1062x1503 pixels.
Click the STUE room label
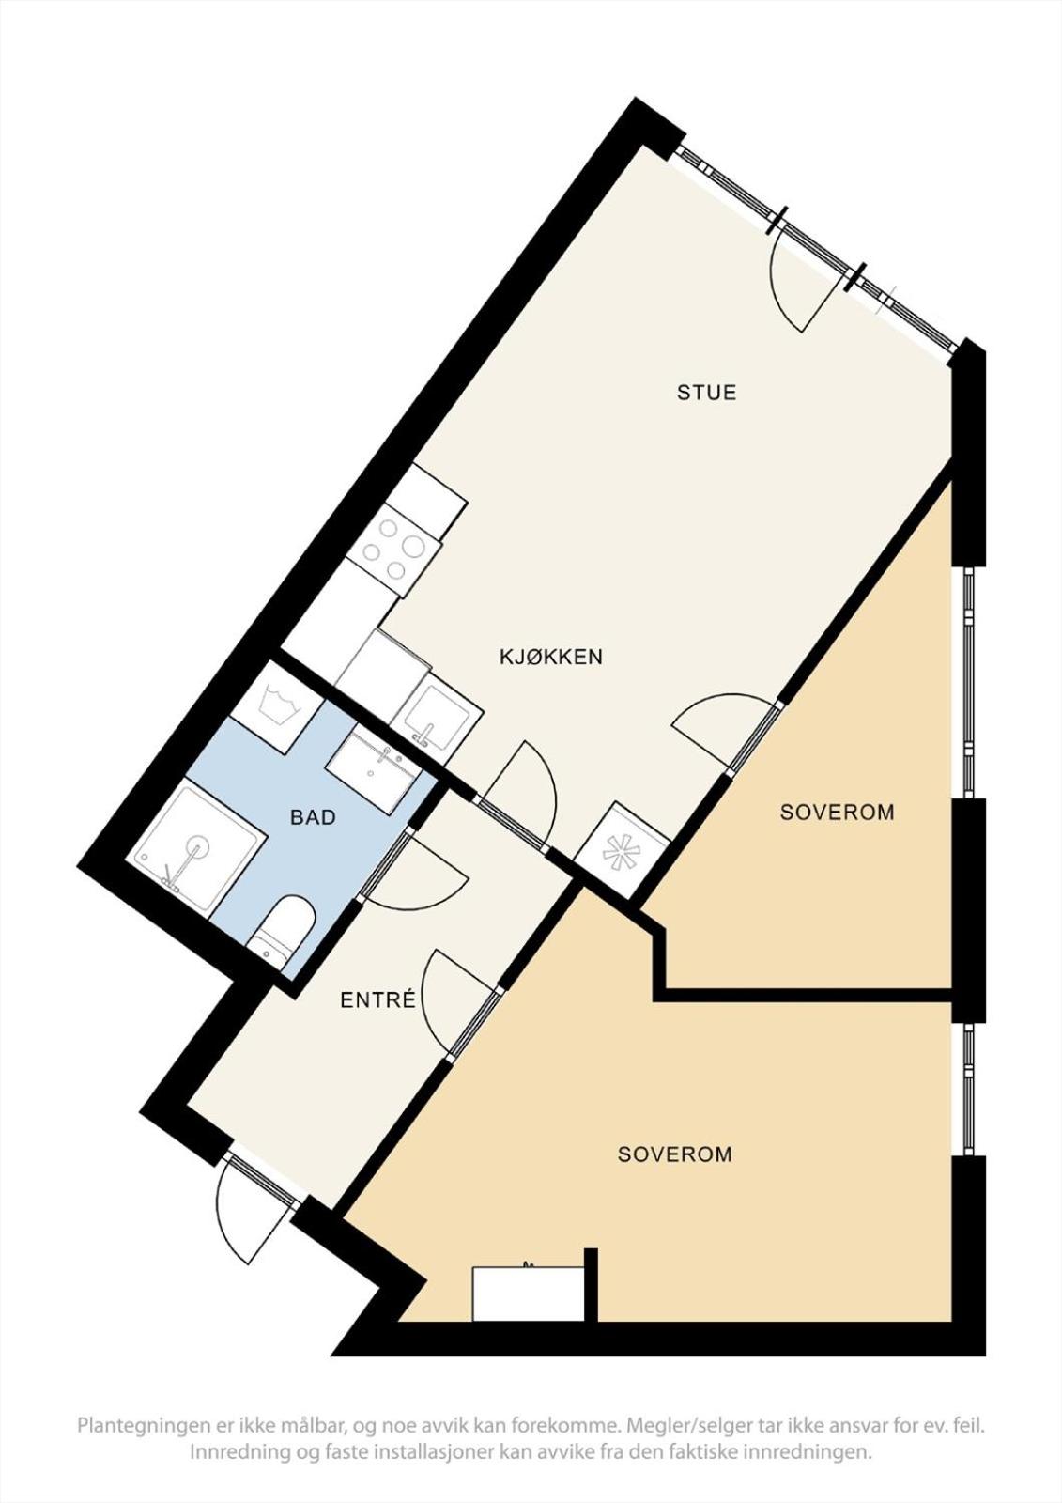[706, 392]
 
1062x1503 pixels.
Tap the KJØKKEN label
[551, 656]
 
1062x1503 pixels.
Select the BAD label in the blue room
[313, 817]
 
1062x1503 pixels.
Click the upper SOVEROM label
[838, 813]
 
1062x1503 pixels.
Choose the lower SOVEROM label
[675, 1154]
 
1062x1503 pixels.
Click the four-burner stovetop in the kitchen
[395, 548]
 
